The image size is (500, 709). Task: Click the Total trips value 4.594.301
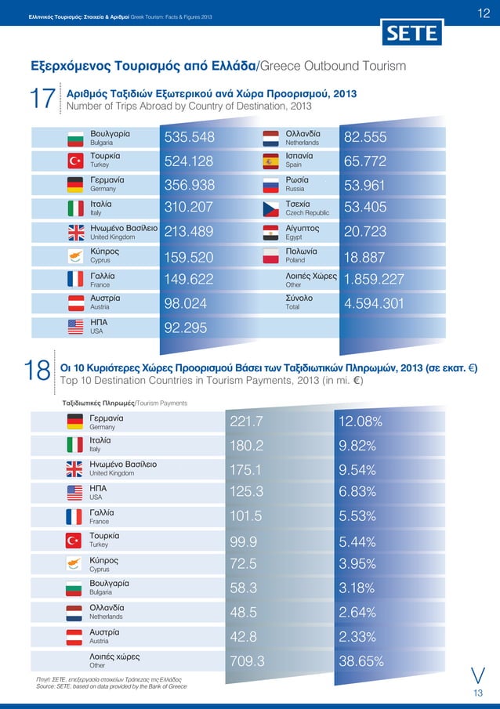point(374,304)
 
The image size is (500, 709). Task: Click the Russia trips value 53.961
point(368,185)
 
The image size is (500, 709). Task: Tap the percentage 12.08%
point(360,422)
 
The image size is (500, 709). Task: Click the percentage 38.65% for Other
point(361,662)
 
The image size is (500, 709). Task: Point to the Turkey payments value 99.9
point(244,542)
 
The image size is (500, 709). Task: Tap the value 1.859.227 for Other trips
point(374,280)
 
